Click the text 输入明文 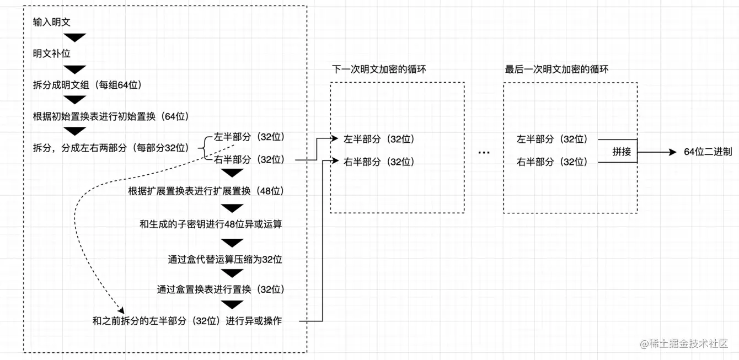pos(52,23)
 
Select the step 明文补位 pos(52,54)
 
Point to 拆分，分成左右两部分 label pos(111,148)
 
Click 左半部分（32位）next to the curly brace pos(249,137)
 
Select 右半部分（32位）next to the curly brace pos(249,159)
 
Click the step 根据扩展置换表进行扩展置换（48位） pos(206,191)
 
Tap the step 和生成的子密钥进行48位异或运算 pos(211,224)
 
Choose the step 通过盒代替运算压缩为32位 pos(225,259)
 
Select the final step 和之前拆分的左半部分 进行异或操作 pos(187,321)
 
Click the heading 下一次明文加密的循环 pos(379,70)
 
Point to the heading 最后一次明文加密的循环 pos(556,70)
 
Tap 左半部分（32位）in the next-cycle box pos(379,139)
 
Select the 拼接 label pos(622,152)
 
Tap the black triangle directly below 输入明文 pos(75,38)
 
